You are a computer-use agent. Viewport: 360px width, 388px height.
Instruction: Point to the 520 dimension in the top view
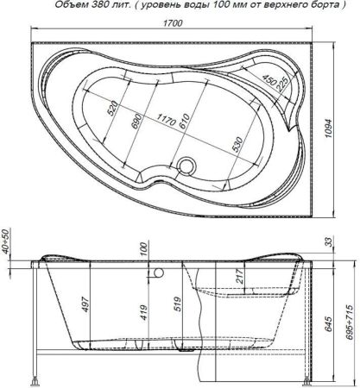(111, 110)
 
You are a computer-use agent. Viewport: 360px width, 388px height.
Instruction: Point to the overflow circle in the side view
(159, 273)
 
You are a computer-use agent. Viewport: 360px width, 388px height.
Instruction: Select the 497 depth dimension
(86, 306)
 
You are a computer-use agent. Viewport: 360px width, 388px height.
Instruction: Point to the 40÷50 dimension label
(7, 244)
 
